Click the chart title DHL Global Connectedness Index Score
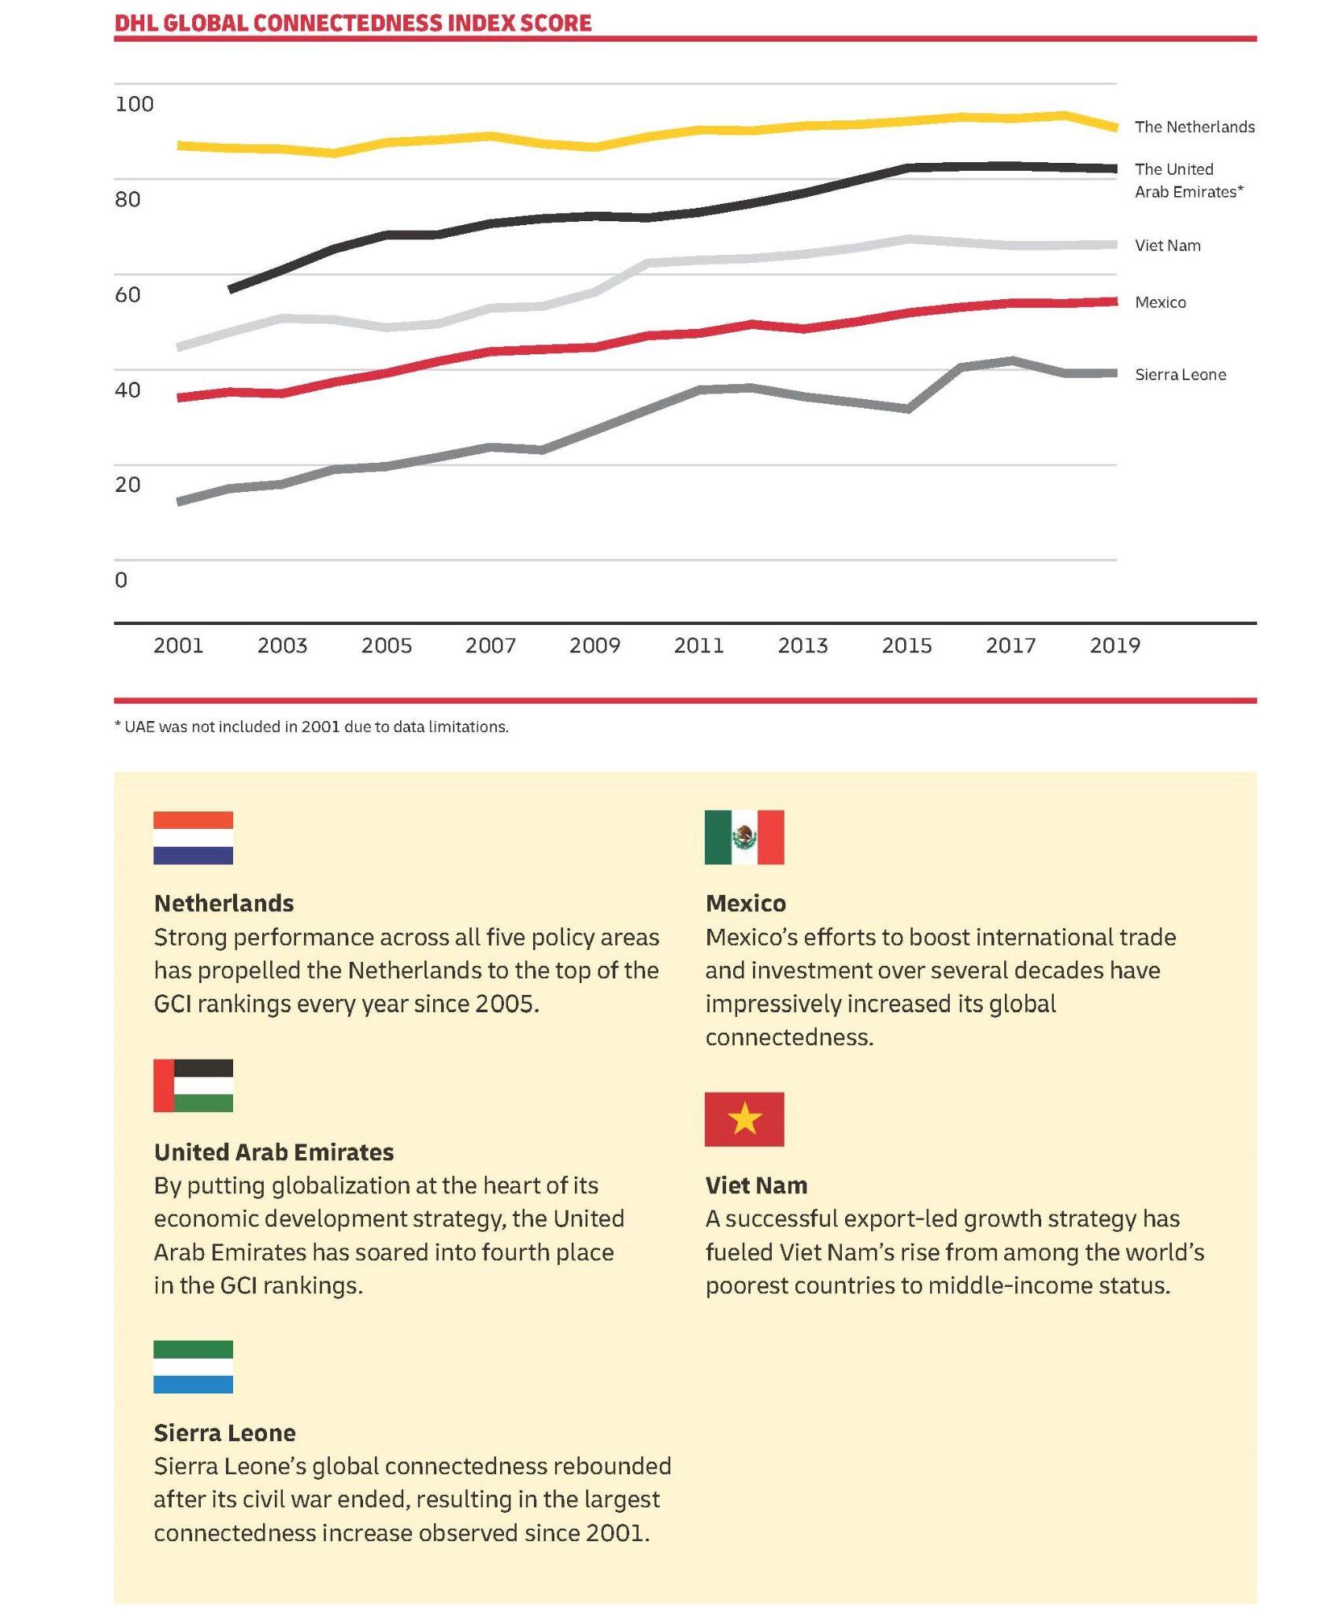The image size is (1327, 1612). click(353, 23)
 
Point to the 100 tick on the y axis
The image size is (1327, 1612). click(135, 104)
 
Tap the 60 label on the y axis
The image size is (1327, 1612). click(128, 294)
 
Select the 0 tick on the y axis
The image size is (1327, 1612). click(120, 580)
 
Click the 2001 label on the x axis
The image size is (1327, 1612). click(179, 645)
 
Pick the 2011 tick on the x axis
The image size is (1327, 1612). click(699, 645)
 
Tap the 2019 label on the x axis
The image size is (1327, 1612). click(1115, 645)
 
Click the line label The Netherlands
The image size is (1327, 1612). click(1195, 127)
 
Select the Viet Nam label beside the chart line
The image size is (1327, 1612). click(1168, 246)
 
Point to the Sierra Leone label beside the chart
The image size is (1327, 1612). click(1181, 375)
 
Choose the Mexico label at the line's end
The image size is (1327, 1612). click(1161, 302)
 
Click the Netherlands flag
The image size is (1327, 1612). click(193, 837)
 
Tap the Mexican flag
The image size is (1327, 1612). click(744, 837)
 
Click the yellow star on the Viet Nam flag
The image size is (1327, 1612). click(744, 1118)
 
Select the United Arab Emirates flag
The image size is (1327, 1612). click(193, 1085)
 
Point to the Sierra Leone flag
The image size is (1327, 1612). click(193, 1366)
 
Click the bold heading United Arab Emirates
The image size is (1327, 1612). click(274, 1152)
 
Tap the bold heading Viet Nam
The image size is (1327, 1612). click(756, 1185)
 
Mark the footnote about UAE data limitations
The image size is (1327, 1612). click(312, 727)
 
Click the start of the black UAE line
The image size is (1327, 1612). click(231, 290)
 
